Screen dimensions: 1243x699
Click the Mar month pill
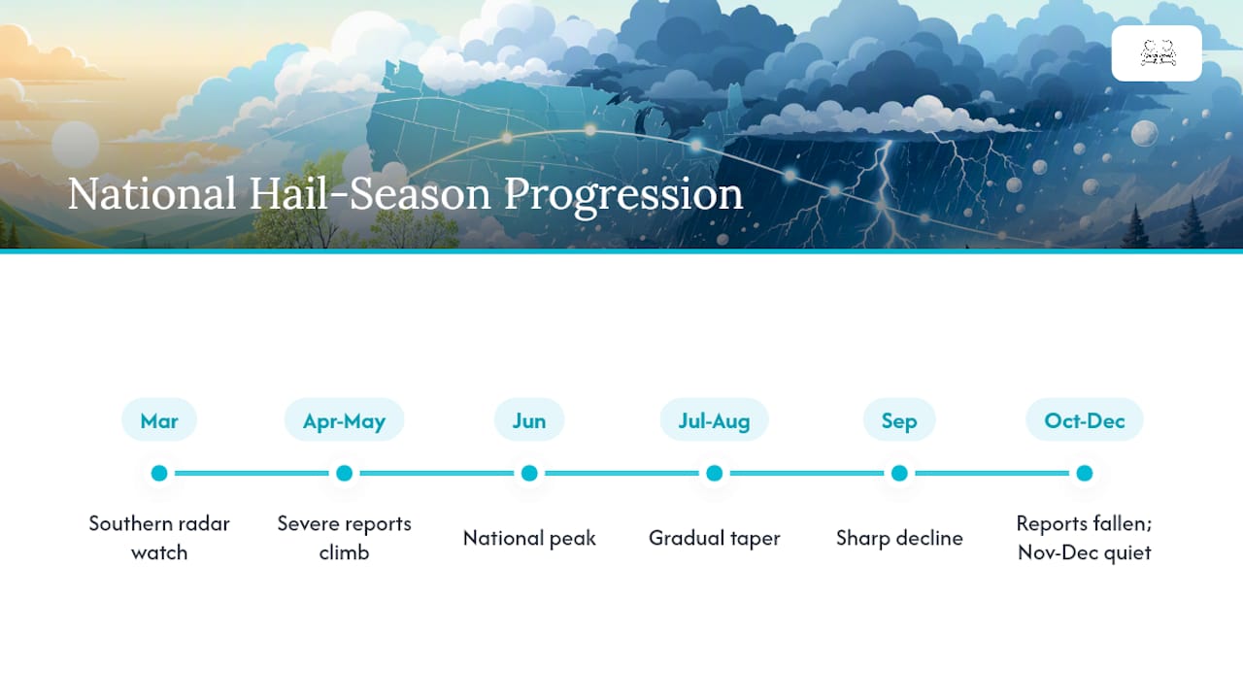point(159,420)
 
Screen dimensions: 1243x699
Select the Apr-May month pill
point(344,420)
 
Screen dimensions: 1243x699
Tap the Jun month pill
point(529,420)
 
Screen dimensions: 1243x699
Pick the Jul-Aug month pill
point(714,420)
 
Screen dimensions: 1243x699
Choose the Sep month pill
point(899,420)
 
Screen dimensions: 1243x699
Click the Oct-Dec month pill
point(1085,420)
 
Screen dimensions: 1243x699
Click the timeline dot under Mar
point(159,473)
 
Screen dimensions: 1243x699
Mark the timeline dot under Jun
point(529,473)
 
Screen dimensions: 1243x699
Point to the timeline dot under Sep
point(899,473)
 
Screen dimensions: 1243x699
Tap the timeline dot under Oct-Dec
point(1085,473)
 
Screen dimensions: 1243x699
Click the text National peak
point(529,538)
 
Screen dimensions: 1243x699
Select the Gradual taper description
point(714,538)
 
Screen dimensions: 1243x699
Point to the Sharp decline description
point(899,538)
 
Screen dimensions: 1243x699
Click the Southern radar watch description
point(159,538)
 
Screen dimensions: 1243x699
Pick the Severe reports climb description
point(344,538)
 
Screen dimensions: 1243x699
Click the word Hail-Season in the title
point(370,193)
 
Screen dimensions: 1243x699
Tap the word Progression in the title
point(623,196)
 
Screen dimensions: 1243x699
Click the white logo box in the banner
point(1157,53)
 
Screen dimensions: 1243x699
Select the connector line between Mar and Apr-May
point(252,473)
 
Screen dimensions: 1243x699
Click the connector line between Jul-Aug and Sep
point(807,473)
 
